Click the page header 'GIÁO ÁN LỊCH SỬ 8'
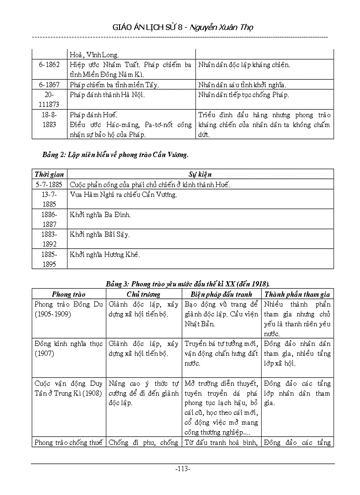pyautogui.click(x=150, y=27)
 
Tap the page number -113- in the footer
pyautogui.click(x=183, y=469)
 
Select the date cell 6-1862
pyautogui.click(x=49, y=65)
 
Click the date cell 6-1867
pyautogui.click(x=49, y=85)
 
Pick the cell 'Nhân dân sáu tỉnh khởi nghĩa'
pyautogui.click(x=242, y=85)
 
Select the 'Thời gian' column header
pyautogui.click(x=49, y=175)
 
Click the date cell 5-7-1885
pyautogui.click(x=49, y=185)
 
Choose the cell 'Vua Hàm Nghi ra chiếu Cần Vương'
pyautogui.click(x=124, y=195)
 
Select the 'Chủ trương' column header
pyautogui.click(x=143, y=294)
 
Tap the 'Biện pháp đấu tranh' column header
pyautogui.click(x=221, y=294)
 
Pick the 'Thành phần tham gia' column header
pyautogui.click(x=297, y=294)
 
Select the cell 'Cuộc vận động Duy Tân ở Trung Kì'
pyautogui.click(x=68, y=388)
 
